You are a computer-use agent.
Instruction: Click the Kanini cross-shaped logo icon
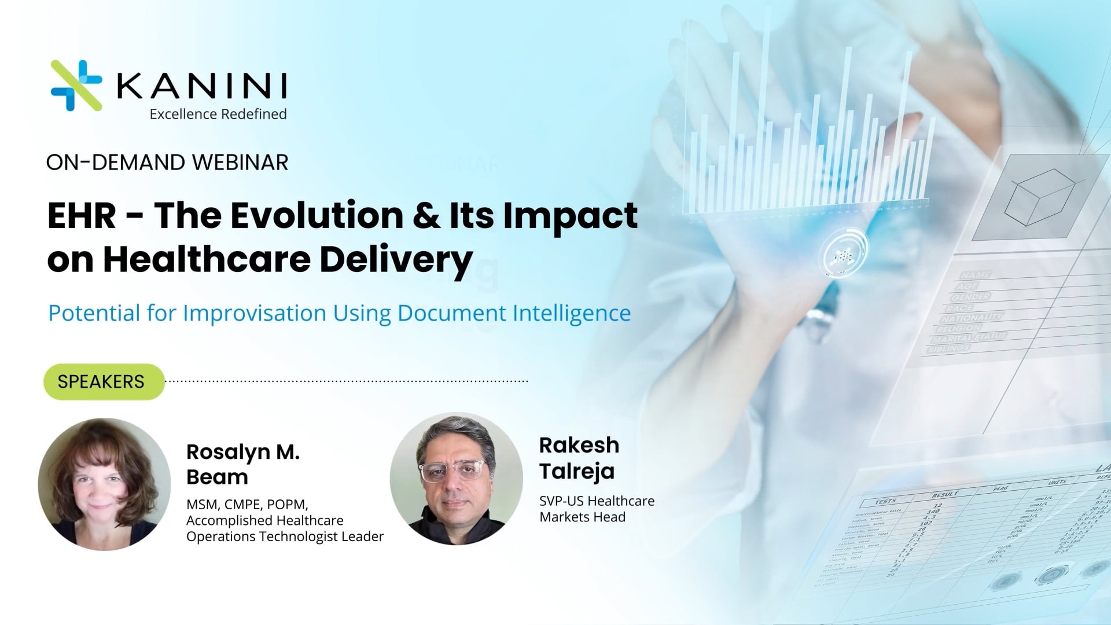pos(76,86)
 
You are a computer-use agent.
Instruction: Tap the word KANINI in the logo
pos(202,86)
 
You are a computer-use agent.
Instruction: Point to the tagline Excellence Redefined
pos(218,114)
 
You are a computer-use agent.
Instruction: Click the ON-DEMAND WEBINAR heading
pos(167,163)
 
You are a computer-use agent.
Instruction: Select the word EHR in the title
pos(82,216)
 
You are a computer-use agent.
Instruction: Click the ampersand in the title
pos(426,216)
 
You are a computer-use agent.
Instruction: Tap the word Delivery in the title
pos(396,259)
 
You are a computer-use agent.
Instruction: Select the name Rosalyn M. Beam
pos(243,464)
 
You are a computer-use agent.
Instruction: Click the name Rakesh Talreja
pos(579,458)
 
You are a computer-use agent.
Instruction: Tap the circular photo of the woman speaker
pos(104,484)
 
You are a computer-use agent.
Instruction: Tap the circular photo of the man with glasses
pos(456,479)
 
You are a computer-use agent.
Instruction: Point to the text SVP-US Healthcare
pos(597,501)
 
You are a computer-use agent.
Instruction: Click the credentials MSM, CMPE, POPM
pos(247,504)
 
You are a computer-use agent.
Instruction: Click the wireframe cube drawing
pos(1039,197)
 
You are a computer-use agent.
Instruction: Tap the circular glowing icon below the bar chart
pos(843,253)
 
